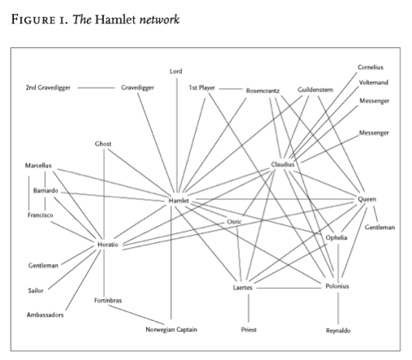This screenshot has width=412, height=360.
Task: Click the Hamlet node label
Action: point(179,201)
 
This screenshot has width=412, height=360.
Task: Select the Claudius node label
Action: point(283,164)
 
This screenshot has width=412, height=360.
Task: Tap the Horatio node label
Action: point(108,245)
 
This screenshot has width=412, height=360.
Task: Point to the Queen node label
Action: point(367,199)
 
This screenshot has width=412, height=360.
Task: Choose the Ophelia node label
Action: point(336,237)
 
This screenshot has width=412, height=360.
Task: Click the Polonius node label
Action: point(337,286)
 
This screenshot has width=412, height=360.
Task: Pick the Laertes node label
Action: point(243,288)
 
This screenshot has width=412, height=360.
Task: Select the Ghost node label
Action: point(103,144)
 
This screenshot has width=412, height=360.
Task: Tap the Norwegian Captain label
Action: point(171,330)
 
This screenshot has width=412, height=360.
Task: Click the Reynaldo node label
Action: point(338,331)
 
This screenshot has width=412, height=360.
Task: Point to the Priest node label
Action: point(249,330)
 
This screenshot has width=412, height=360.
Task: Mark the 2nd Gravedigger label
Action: point(48,88)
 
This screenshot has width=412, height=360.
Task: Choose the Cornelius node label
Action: point(371,67)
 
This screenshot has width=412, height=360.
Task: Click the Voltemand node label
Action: point(374,82)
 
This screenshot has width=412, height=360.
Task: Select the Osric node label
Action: point(234,222)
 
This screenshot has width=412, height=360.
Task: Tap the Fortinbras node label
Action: point(108,301)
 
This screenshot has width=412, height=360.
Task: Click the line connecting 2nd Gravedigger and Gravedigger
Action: point(96,88)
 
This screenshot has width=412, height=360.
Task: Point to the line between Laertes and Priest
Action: point(249,308)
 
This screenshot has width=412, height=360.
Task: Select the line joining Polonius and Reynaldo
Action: point(338,308)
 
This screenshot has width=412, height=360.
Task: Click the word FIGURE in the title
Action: point(33,20)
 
